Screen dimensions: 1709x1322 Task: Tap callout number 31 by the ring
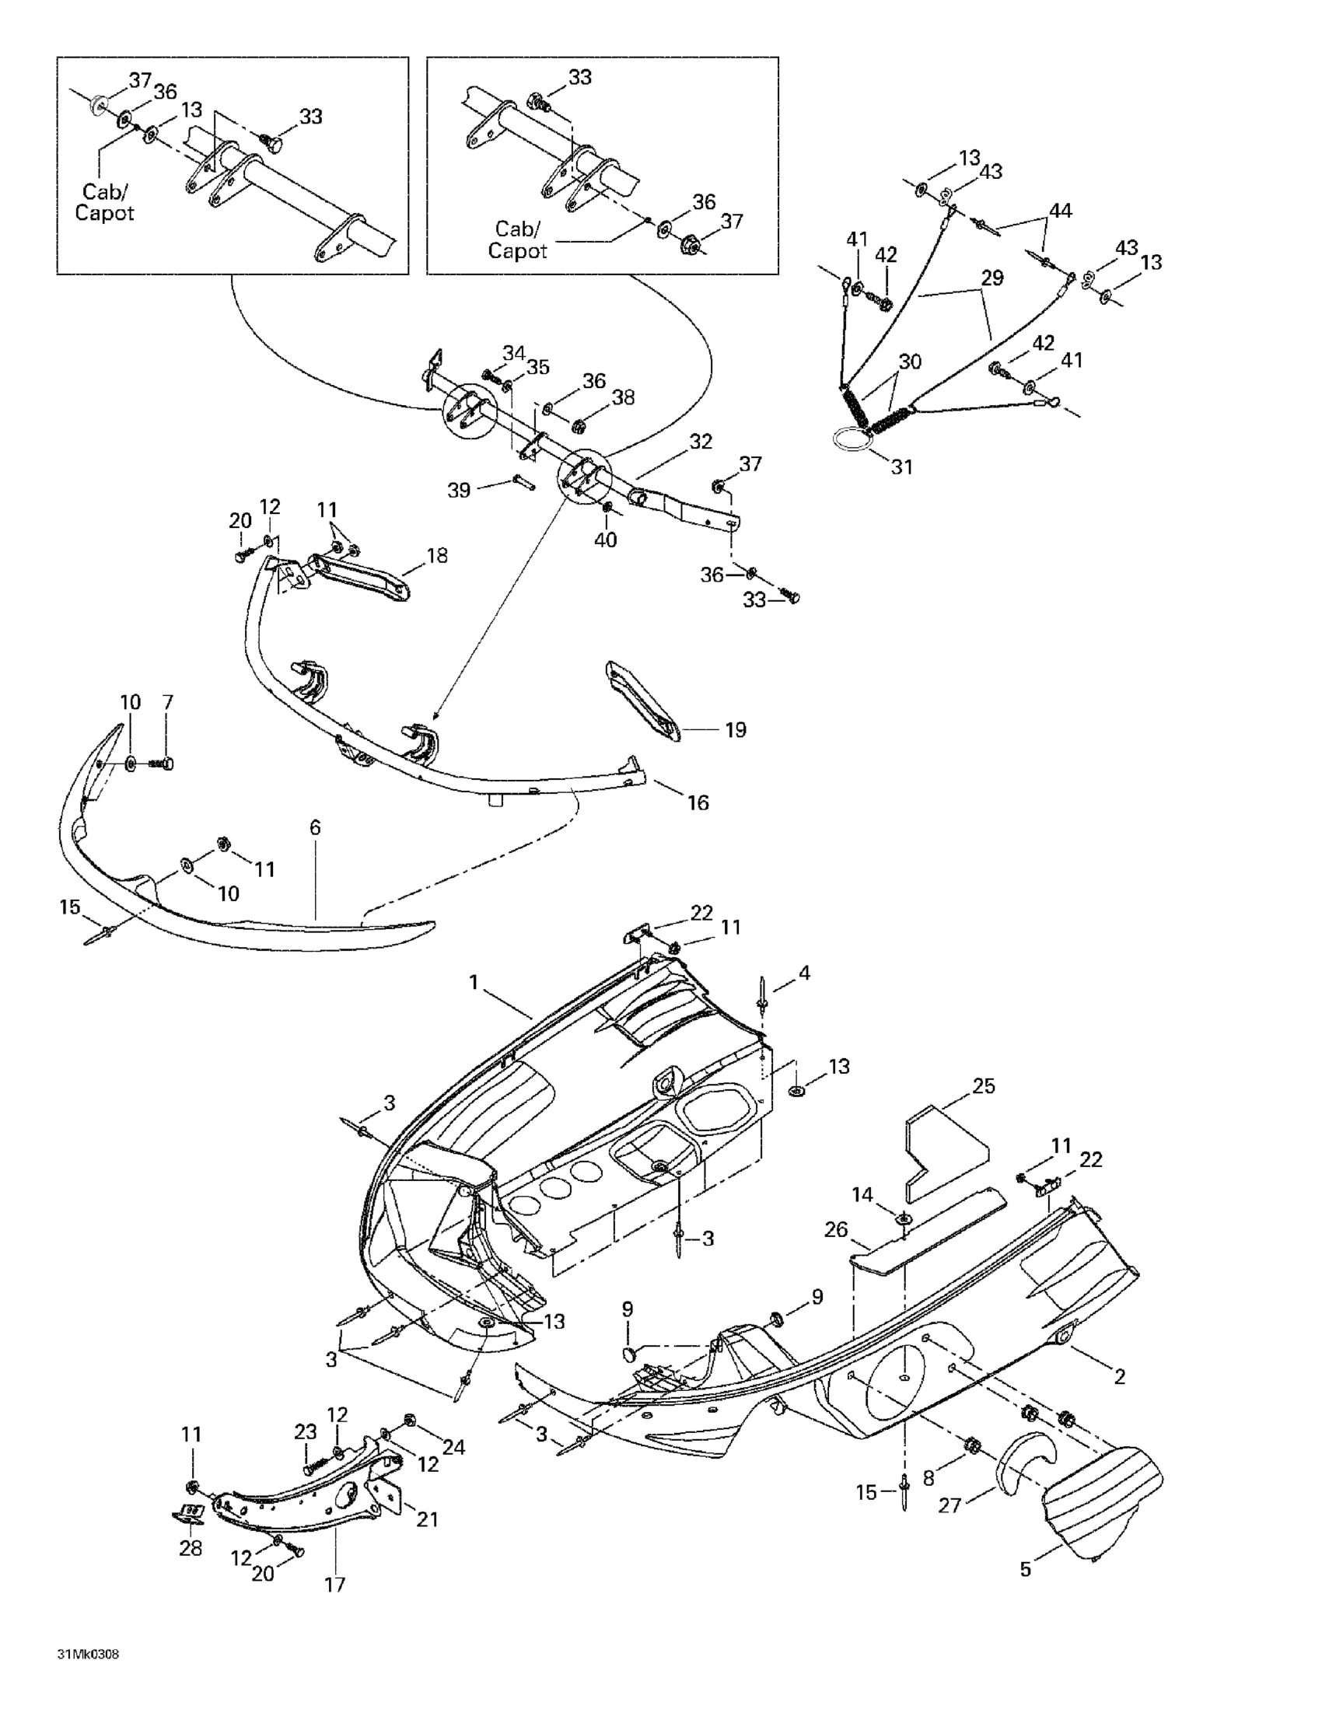(902, 467)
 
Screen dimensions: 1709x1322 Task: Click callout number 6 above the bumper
(316, 827)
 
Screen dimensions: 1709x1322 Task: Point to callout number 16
(698, 802)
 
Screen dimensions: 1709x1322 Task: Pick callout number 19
(735, 730)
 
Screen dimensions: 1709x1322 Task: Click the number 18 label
(437, 556)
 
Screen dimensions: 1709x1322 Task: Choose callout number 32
(701, 442)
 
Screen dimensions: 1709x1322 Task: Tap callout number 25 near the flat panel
(984, 1086)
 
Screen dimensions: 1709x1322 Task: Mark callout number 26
(836, 1229)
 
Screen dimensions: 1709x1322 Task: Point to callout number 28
(191, 1548)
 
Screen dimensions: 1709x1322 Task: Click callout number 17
(334, 1585)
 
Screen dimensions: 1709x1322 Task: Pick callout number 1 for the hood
(473, 982)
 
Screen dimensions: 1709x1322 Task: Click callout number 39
(459, 490)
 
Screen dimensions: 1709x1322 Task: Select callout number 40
(606, 539)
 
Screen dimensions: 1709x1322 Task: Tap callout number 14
(862, 1195)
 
